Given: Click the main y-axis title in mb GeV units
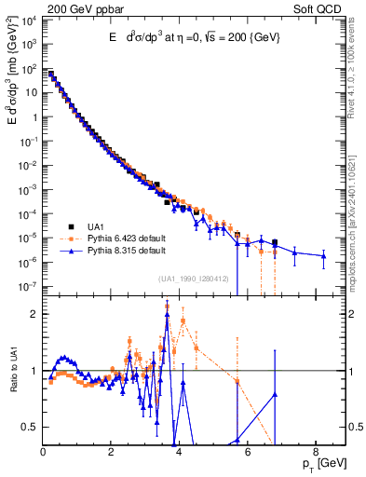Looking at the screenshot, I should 11,88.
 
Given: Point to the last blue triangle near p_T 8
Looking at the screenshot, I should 323,255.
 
